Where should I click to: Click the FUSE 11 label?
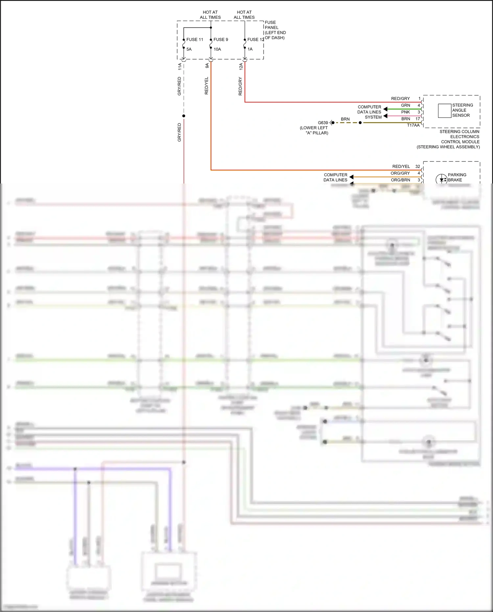tap(195, 39)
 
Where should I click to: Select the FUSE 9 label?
tap(221, 39)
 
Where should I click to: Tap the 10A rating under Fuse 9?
tap(217, 49)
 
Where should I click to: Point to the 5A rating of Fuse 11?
tap(189, 49)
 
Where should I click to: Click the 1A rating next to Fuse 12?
tap(250, 49)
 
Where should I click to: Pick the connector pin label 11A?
tap(180, 66)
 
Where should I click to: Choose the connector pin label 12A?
tap(241, 66)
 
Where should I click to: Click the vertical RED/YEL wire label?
tap(206, 86)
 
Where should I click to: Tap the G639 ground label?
tap(323, 123)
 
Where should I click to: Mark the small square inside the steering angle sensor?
tap(444, 110)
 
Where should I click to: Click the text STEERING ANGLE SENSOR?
tap(462, 110)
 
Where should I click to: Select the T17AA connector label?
tap(413, 125)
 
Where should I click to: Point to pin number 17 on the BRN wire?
tap(418, 119)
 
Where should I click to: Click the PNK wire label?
tap(406, 112)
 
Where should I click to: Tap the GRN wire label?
tap(406, 105)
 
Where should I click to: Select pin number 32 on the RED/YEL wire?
tap(417, 166)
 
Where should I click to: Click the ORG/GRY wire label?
tap(400, 173)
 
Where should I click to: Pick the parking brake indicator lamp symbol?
tap(441, 180)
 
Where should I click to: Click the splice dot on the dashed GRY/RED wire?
tap(184, 116)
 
